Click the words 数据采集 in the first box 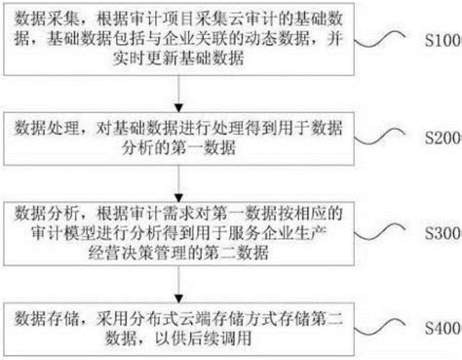point(42,16)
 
